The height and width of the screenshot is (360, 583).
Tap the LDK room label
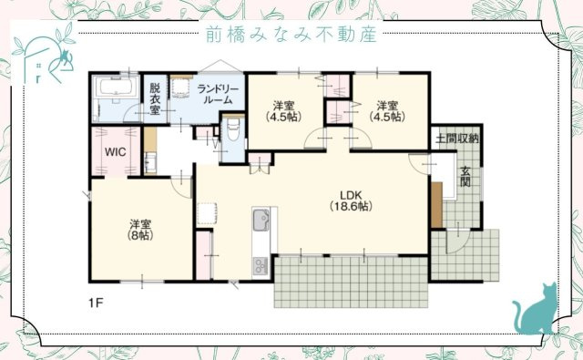(350, 194)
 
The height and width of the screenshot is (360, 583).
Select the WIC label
(114, 152)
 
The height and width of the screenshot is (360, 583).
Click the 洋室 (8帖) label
(139, 229)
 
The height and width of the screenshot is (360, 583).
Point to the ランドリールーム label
(218, 93)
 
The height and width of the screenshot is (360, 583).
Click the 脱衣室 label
(155, 98)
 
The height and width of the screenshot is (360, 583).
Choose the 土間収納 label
(457, 139)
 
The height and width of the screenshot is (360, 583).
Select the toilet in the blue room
(233, 132)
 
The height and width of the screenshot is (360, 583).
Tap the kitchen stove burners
(260, 265)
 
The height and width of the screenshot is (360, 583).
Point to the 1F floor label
(96, 302)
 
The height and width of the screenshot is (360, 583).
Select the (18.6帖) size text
(350, 207)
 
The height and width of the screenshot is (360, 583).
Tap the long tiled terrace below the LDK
(351, 279)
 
